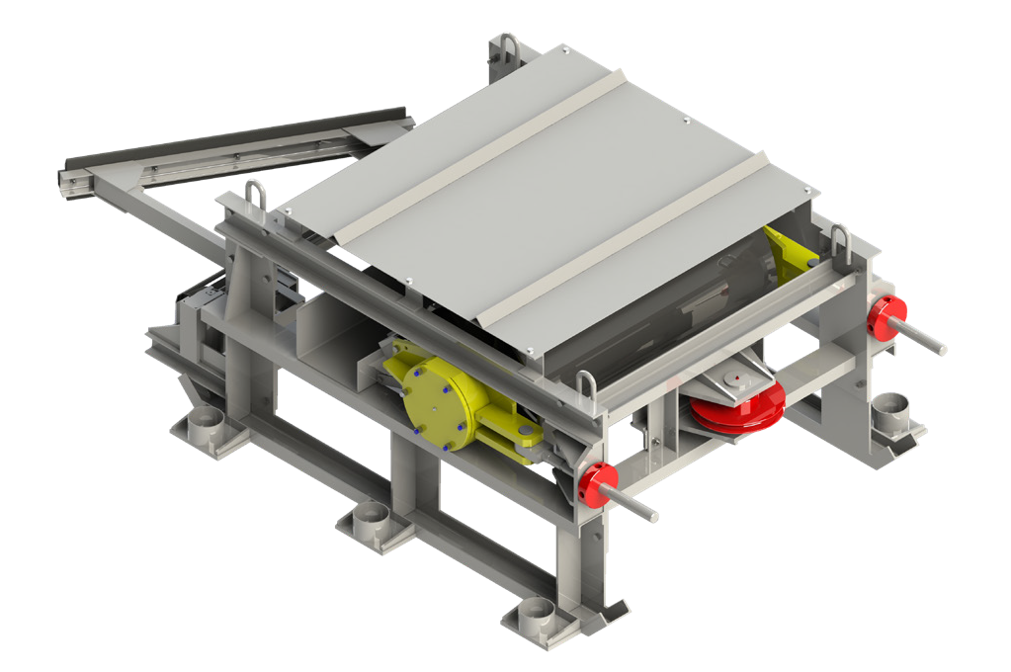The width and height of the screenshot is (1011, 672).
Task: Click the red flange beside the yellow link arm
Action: pos(595,483)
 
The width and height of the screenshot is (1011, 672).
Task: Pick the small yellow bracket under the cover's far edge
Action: pos(786,252)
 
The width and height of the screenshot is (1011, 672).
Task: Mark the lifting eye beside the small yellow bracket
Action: pos(840,239)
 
